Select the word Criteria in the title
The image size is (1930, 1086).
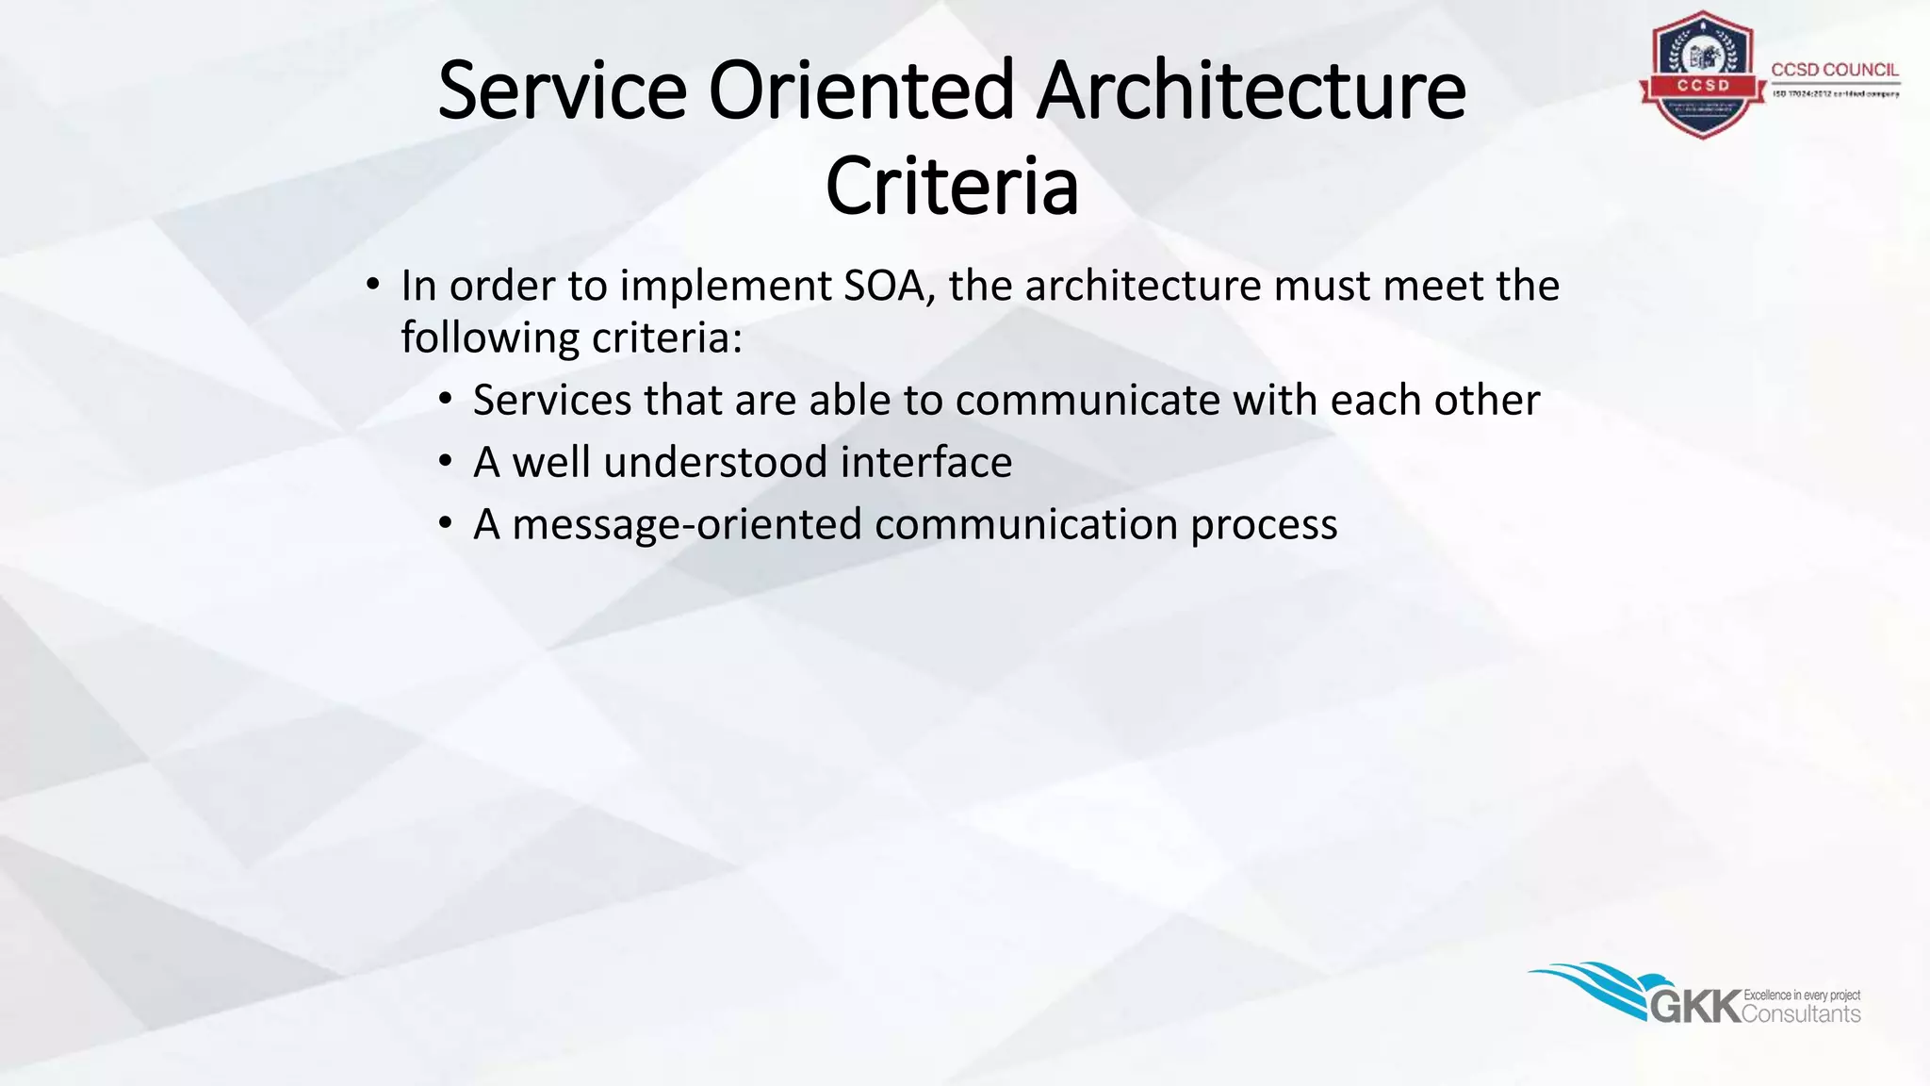click(x=952, y=187)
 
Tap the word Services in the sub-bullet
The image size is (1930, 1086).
click(x=552, y=400)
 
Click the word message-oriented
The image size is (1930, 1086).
click(x=687, y=524)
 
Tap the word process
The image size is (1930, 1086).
click(x=1264, y=524)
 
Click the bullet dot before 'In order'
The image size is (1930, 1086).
click(x=373, y=284)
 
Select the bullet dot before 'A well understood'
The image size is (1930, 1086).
click(x=446, y=461)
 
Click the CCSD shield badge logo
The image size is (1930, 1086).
click(x=1702, y=75)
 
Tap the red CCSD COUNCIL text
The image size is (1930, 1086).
click(x=1835, y=70)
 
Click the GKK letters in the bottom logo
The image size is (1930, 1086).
click(x=1695, y=1007)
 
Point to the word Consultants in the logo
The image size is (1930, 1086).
click(x=1801, y=1014)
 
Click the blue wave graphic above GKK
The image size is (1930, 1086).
click(x=1593, y=985)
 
